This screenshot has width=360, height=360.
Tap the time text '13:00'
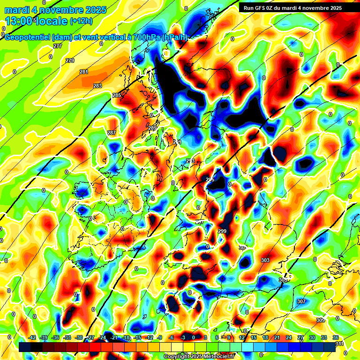tap(19, 21)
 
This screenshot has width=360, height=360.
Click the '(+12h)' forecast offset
tap(81, 21)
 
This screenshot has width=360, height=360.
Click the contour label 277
tap(58, 46)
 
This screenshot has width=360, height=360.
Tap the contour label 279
tap(70, 61)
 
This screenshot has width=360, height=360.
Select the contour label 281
tap(84, 72)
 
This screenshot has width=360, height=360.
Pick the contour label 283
tap(97, 86)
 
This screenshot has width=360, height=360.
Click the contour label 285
tap(117, 96)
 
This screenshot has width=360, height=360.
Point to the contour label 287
tap(112, 133)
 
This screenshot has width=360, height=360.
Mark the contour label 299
tap(222, 232)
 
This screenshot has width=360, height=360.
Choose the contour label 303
tap(265, 260)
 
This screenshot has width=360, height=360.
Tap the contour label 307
tap(301, 301)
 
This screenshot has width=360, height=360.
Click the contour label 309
tap(320, 320)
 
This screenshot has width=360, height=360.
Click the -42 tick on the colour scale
tap(32, 337)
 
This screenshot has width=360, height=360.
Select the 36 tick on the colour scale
tap(336, 337)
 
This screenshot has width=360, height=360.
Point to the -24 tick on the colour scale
tap(102, 337)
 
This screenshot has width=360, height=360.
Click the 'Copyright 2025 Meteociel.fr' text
tap(199, 356)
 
